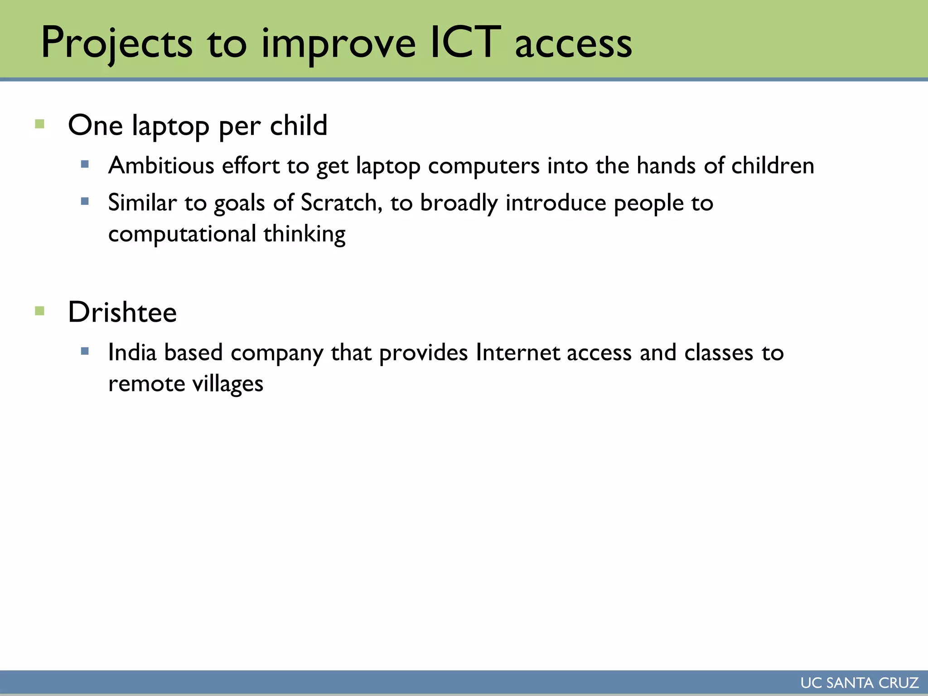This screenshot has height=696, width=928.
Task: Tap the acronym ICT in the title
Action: click(x=465, y=43)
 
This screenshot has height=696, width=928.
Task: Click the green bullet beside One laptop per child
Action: click(x=40, y=124)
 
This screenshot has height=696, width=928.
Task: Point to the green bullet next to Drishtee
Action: click(x=40, y=311)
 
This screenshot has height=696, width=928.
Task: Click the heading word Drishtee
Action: click(x=122, y=312)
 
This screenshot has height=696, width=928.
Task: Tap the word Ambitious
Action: click(x=161, y=165)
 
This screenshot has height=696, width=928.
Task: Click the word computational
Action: click(x=182, y=234)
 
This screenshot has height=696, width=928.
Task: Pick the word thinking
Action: click(x=304, y=234)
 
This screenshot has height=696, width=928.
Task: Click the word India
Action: click(x=132, y=353)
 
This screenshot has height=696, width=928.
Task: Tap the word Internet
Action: click(x=517, y=353)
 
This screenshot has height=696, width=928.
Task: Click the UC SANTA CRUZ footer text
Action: click(x=859, y=683)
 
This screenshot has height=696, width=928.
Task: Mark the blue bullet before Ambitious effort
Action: click(x=85, y=164)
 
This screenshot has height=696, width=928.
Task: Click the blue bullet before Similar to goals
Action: click(x=85, y=201)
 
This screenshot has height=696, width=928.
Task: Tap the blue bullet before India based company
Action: click(x=85, y=351)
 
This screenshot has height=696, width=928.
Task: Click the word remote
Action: click(x=146, y=384)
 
